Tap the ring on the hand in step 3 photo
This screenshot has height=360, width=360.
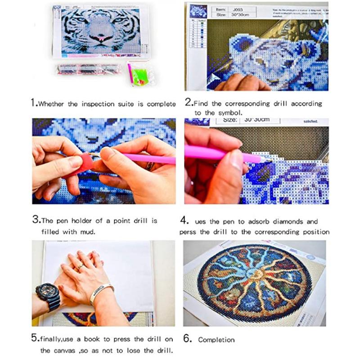tap(149, 166)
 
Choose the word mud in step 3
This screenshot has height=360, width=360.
tap(89, 232)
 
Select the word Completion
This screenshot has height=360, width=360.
tap(216, 339)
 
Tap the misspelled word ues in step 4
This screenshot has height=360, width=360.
tap(201, 221)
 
